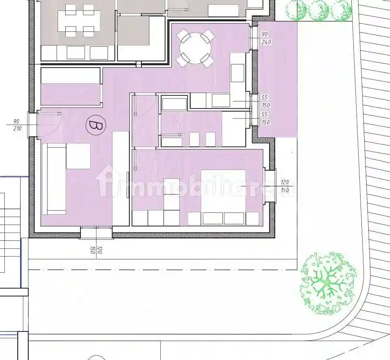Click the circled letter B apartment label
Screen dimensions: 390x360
(95, 125)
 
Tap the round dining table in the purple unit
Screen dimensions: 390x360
(195, 48)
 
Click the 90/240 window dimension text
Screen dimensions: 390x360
(266, 38)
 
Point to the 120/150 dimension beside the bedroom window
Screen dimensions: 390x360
(284, 186)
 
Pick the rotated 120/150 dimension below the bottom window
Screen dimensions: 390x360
(96, 250)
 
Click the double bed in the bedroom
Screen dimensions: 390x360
(223, 190)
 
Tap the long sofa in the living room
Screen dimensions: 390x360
(54, 179)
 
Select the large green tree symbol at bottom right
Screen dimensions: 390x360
(328, 283)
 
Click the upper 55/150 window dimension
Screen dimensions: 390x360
(266, 101)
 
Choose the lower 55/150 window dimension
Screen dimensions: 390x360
(266, 118)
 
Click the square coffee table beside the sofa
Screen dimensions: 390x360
(78, 156)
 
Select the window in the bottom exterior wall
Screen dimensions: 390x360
(96, 232)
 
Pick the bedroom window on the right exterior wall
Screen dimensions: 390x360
(270, 186)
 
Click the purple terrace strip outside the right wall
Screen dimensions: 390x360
(277, 79)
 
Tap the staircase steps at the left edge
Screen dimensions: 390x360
(10, 232)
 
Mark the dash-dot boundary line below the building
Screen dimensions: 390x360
(163, 270)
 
